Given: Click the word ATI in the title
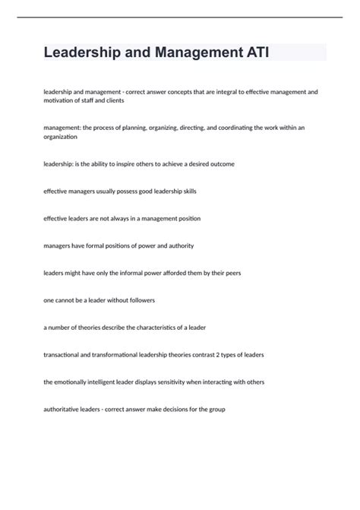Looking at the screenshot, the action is pyautogui.click(x=254, y=52).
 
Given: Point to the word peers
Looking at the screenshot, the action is pyautogui.click(x=229, y=273).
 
